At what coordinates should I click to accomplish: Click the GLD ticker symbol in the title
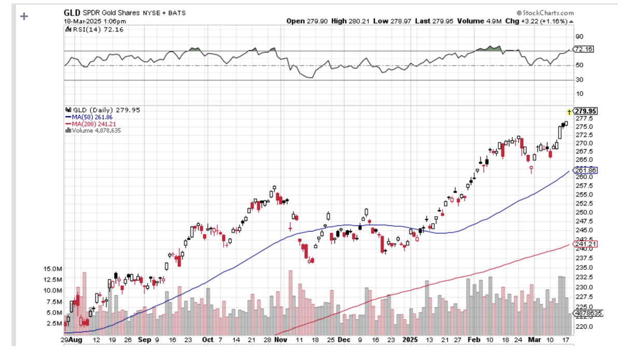point(72,12)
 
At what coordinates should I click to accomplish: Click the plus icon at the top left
point(23,16)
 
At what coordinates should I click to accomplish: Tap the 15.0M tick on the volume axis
point(53,269)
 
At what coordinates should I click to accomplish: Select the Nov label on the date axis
point(280,340)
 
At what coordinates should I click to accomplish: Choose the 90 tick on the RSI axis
point(579,36)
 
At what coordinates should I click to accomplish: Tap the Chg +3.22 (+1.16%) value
point(539,21)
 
